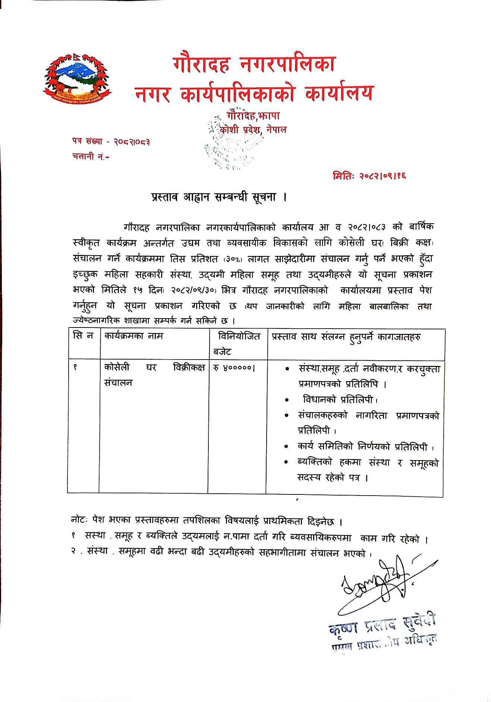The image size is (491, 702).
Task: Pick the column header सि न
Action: click(x=83, y=336)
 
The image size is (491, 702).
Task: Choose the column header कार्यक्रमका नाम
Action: click(x=134, y=336)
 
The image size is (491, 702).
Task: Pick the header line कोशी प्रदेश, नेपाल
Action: click(x=254, y=130)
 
